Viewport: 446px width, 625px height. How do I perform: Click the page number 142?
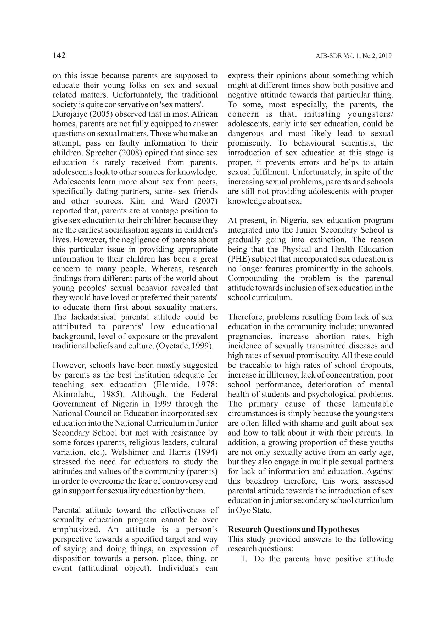[x=59, y=55]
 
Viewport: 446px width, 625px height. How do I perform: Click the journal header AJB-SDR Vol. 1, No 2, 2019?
[x=353, y=56]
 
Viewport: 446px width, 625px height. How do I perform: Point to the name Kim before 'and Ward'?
[x=137, y=201]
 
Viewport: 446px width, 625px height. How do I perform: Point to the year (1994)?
[x=206, y=452]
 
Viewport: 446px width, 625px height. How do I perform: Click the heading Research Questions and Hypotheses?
[x=294, y=530]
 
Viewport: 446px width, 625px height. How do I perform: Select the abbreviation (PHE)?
[x=238, y=259]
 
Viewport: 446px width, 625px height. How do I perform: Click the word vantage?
[x=156, y=211]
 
